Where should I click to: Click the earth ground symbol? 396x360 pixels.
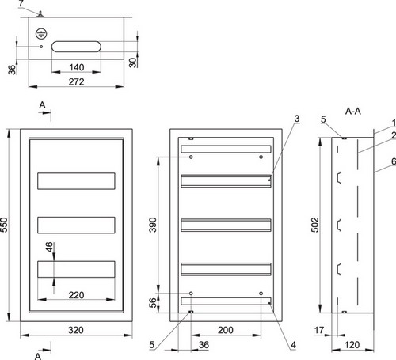pyautogui.click(x=41, y=34)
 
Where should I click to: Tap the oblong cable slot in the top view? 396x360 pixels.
pyautogui.click(x=76, y=47)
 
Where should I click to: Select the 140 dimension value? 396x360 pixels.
pyautogui.click(x=77, y=67)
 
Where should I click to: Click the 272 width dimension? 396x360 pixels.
pyautogui.click(x=77, y=81)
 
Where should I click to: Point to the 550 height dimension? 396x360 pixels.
pyautogui.click(x=5, y=225)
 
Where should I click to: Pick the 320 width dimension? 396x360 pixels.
pyautogui.click(x=76, y=330)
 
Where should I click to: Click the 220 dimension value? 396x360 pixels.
pyautogui.click(x=77, y=295)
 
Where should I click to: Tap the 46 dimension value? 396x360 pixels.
pyautogui.click(x=49, y=247)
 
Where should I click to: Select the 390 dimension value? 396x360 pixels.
pyautogui.click(x=153, y=225)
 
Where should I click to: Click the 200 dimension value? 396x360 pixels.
pyautogui.click(x=226, y=330)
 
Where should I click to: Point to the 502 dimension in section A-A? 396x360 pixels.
pyautogui.click(x=315, y=225)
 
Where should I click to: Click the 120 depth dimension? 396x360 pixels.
pyautogui.click(x=352, y=345)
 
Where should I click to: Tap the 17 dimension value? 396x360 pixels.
pyautogui.click(x=319, y=330)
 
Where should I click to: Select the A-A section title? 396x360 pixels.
pyautogui.click(x=353, y=112)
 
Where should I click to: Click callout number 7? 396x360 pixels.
pyautogui.click(x=21, y=3)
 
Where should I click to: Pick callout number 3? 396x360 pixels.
pyautogui.click(x=297, y=119)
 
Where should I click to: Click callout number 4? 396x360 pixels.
pyautogui.click(x=293, y=345)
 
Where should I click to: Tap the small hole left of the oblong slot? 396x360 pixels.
pyautogui.click(x=41, y=47)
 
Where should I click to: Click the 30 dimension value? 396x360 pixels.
pyautogui.click(x=133, y=63)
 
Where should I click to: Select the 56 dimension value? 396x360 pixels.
pyautogui.click(x=153, y=303)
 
